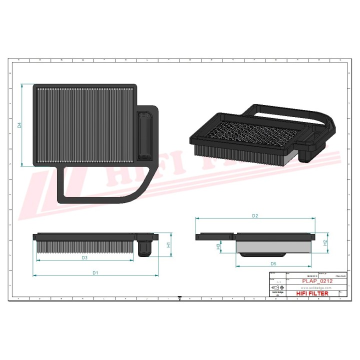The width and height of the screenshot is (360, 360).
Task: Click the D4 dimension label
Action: pyautogui.click(x=19, y=125)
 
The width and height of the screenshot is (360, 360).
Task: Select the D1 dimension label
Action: pyautogui.click(x=94, y=272)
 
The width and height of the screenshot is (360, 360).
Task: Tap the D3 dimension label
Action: pyautogui.click(x=84, y=258)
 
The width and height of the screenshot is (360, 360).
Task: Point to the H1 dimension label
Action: pyautogui.click(x=168, y=244)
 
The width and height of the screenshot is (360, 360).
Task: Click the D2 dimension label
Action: pyautogui.click(x=254, y=216)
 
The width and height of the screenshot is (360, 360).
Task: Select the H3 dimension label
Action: pyautogui.click(x=218, y=246)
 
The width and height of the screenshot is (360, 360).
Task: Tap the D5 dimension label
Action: pyautogui.click(x=273, y=263)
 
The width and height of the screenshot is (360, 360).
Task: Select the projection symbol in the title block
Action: pyautogui.click(x=277, y=288)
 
